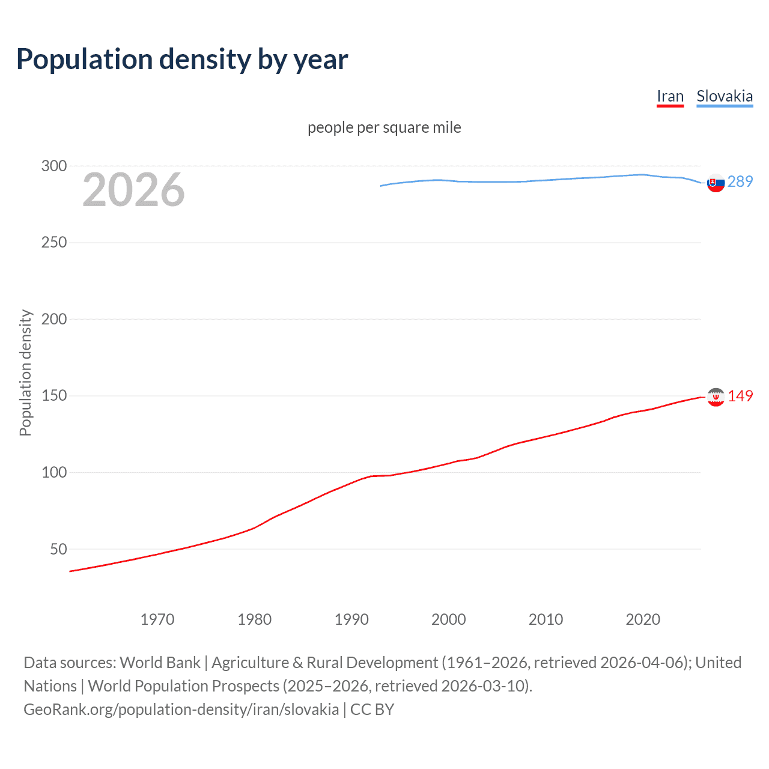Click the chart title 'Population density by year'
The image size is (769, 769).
pyautogui.click(x=182, y=59)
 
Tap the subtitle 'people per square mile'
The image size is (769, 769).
pyautogui.click(x=384, y=127)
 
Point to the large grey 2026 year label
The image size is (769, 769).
pyautogui.click(x=133, y=190)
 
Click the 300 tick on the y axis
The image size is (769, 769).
pyautogui.click(x=54, y=166)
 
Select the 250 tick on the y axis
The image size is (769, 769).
pyautogui.click(x=54, y=242)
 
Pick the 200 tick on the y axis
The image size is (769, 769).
pyautogui.click(x=54, y=319)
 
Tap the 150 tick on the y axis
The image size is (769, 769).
pyautogui.click(x=54, y=396)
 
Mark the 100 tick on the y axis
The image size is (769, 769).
pyautogui.click(x=54, y=472)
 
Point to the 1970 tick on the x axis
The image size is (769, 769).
pyautogui.click(x=157, y=619)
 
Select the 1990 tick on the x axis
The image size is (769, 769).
pyautogui.click(x=351, y=619)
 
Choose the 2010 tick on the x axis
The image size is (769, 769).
pyautogui.click(x=546, y=619)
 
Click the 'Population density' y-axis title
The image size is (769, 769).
pyautogui.click(x=25, y=372)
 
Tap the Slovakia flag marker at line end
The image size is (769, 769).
pyautogui.click(x=716, y=183)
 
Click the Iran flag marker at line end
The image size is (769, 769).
pyautogui.click(x=716, y=397)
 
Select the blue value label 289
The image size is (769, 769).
pyautogui.click(x=740, y=181)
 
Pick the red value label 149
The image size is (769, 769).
pyautogui.click(x=740, y=396)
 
